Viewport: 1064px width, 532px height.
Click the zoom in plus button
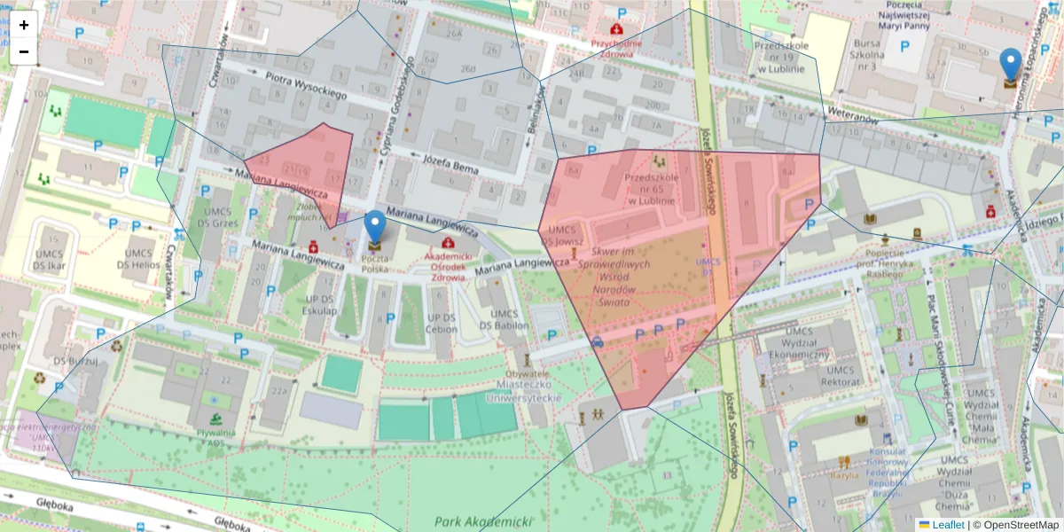point(24,25)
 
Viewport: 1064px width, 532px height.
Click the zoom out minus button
point(24,51)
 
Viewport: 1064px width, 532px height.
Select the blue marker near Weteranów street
point(1010,66)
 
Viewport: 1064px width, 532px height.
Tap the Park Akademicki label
point(481,521)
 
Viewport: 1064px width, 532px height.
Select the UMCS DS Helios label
point(141,259)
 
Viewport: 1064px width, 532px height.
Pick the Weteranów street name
point(851,114)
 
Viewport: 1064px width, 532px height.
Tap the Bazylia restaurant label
point(844,474)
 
